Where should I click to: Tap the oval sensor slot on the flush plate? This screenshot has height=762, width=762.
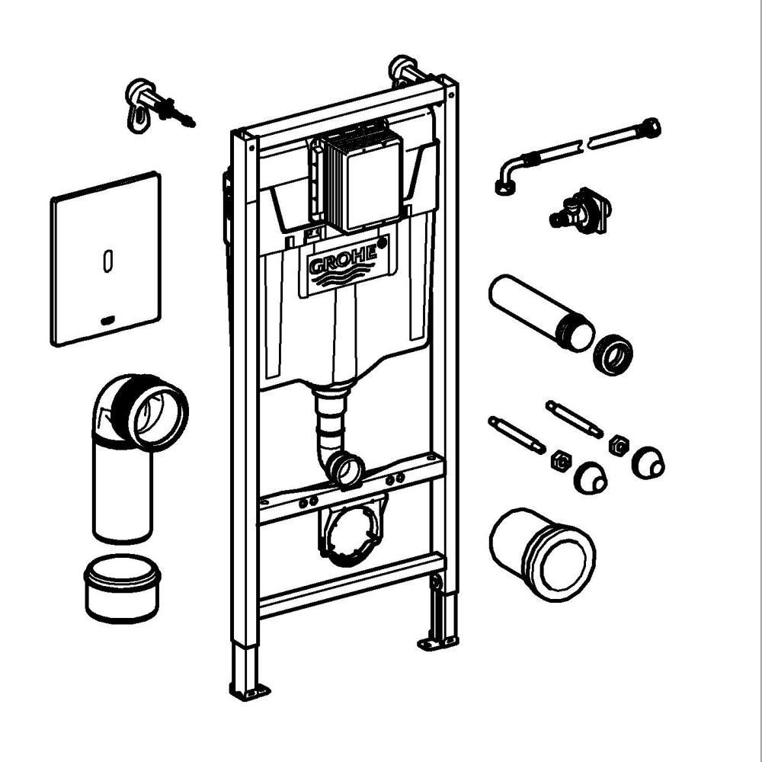106,261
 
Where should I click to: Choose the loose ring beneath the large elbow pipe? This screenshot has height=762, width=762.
122,589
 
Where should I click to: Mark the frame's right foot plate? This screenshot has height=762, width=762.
437,642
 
